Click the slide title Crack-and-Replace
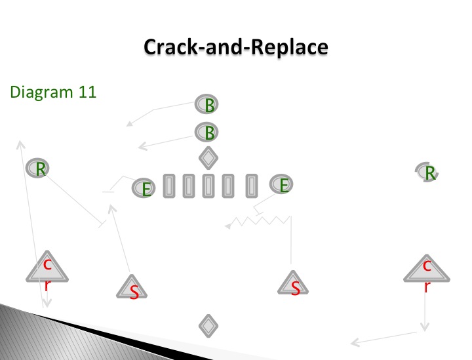(235, 47)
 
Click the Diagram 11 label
(53, 92)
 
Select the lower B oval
(207, 132)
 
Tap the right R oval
(428, 172)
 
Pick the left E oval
(146, 189)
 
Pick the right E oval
(282, 185)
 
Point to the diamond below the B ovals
(208, 158)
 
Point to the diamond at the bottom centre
(208, 325)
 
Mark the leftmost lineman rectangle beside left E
(167, 186)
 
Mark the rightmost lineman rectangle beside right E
(251, 186)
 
